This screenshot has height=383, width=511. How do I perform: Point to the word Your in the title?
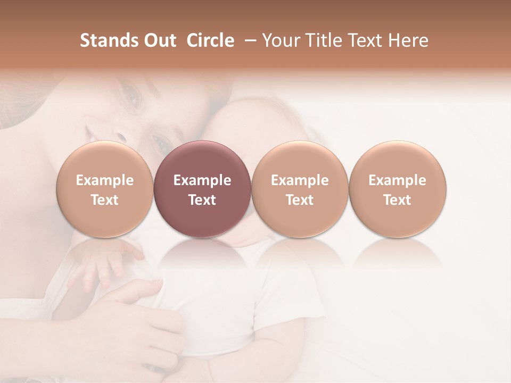[x=281, y=40]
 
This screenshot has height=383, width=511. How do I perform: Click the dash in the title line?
[x=248, y=40]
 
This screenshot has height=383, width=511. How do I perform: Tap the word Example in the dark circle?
[x=202, y=180]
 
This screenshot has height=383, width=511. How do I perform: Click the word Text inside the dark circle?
[x=202, y=200]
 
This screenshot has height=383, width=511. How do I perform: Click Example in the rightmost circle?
[x=398, y=180]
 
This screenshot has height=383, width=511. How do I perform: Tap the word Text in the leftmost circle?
[x=105, y=200]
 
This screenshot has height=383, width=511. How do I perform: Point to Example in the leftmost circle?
[x=105, y=180]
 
